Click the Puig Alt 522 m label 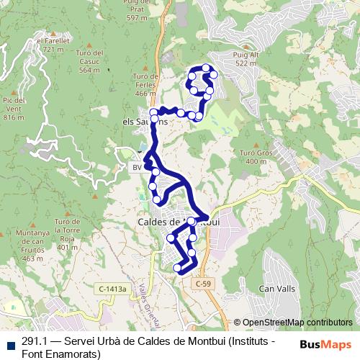point(245,59)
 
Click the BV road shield point(137,167)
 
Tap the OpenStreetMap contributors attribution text point(297,323)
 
